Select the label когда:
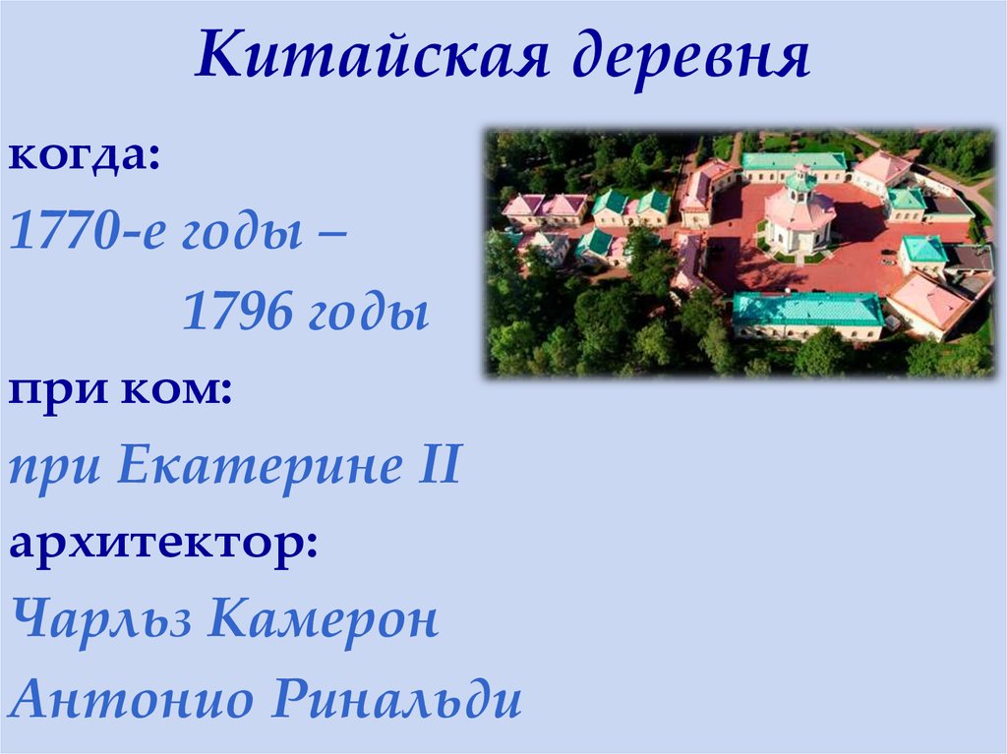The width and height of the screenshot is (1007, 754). pos(85,157)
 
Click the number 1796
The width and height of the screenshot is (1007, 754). pos(234,314)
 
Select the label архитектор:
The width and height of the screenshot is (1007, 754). pos(163,545)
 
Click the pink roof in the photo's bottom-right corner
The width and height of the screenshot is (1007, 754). pos(927,299)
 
